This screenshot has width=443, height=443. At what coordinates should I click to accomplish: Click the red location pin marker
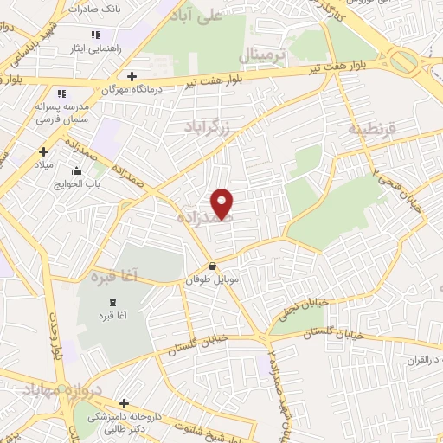click(222, 204)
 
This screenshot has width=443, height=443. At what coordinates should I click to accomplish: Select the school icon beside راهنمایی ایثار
click(95, 35)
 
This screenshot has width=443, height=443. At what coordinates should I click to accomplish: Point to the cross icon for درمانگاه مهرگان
click(130, 76)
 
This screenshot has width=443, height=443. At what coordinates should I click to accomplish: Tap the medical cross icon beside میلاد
click(43, 151)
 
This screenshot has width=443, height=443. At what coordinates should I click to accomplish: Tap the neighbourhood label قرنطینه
click(371, 129)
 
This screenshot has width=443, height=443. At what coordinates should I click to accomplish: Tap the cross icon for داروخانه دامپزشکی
click(125, 403)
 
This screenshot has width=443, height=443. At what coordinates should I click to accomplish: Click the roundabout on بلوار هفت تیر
click(404, 61)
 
